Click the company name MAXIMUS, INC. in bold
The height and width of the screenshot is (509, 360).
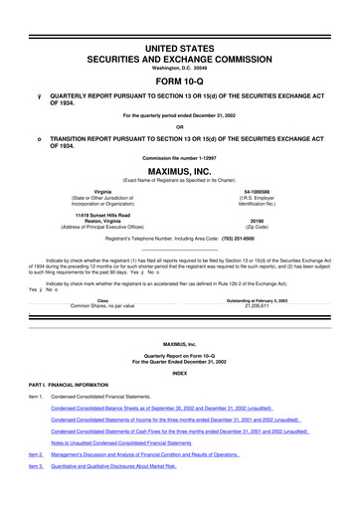pos(179,170)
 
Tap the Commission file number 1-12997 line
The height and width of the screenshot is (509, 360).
pos(179,157)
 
